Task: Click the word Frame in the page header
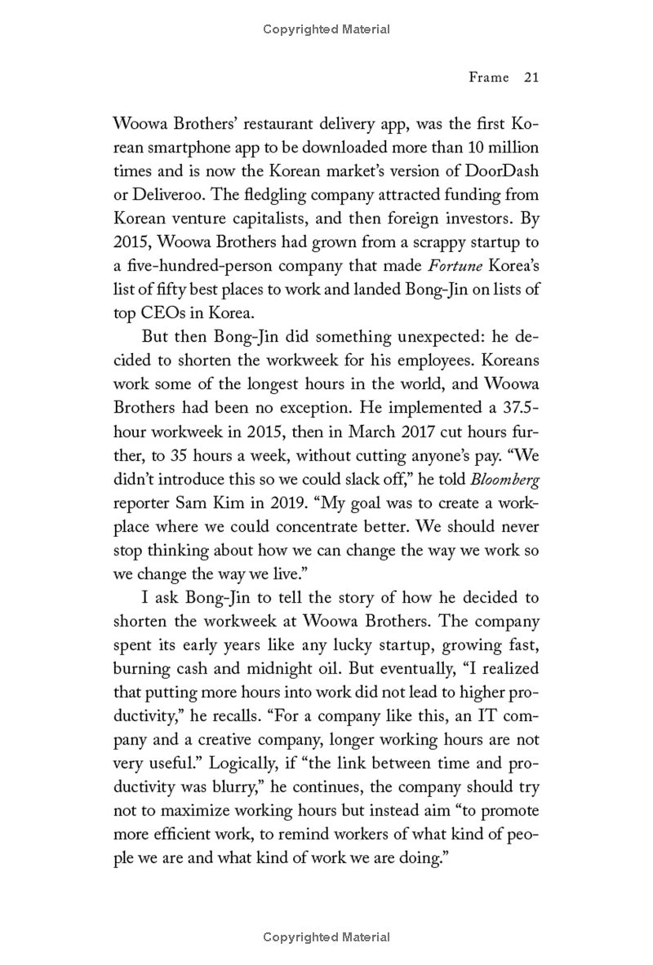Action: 488,77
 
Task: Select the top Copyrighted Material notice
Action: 326,29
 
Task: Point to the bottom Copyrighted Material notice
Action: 326,937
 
